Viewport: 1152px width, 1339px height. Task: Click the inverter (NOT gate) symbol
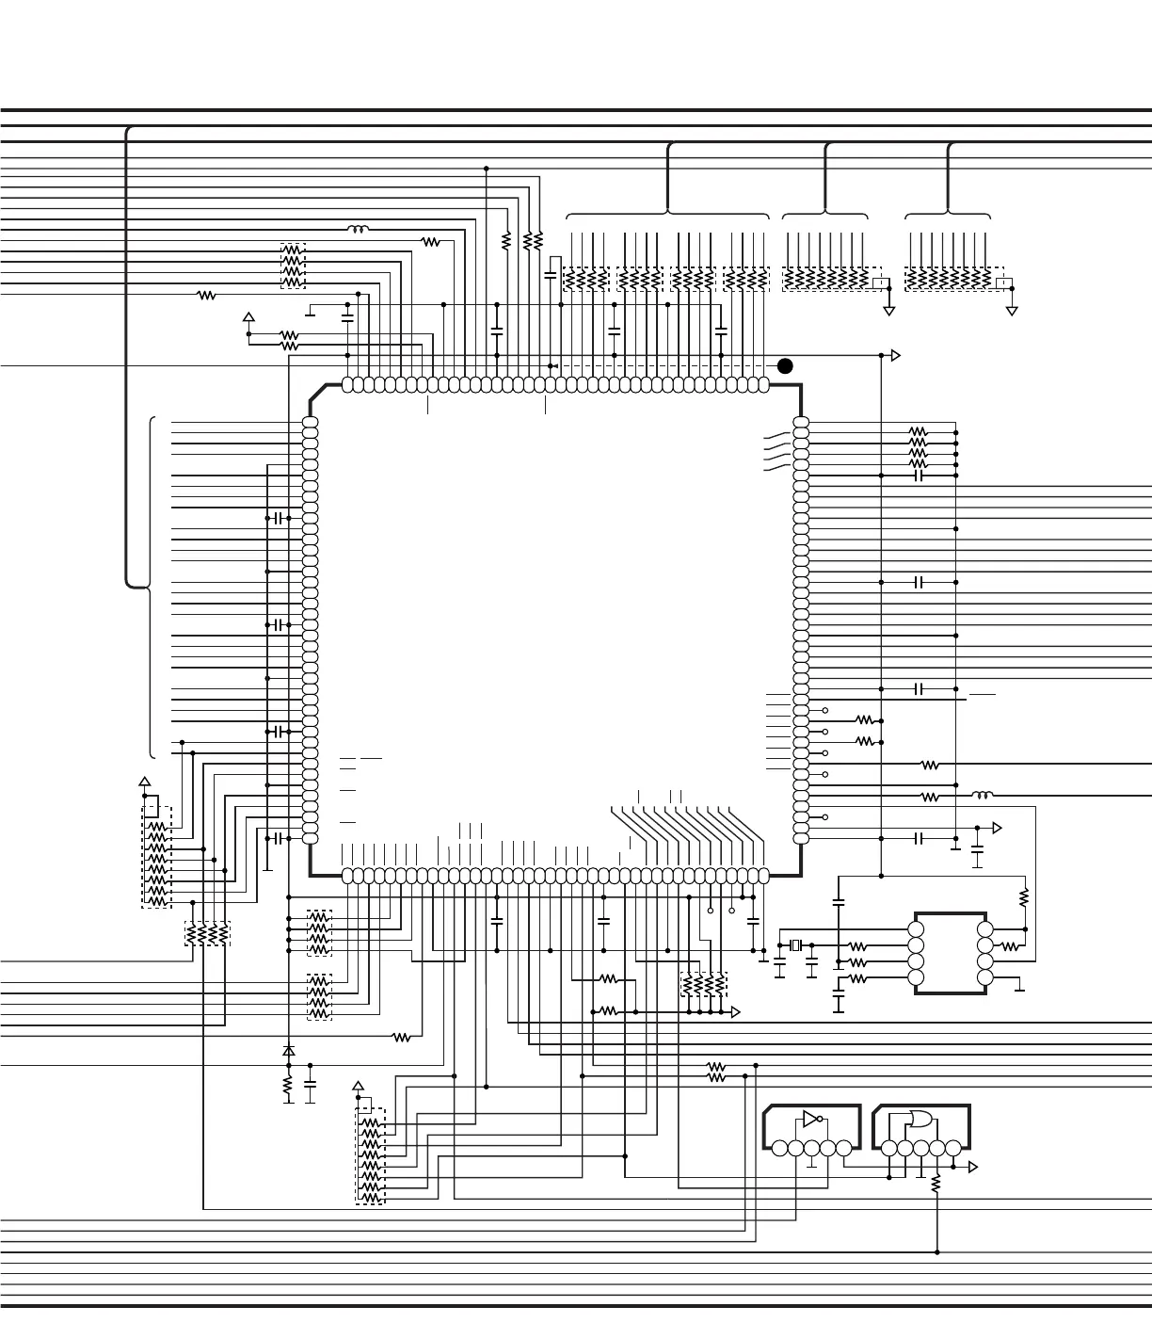click(810, 1120)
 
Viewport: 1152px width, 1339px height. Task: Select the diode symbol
click(289, 1050)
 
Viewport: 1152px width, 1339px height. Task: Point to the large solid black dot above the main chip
click(785, 365)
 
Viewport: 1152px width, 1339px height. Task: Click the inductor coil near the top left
click(358, 229)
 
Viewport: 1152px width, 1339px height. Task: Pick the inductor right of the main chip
click(982, 796)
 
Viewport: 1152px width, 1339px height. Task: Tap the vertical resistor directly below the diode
click(289, 1088)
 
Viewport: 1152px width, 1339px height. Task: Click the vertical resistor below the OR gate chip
click(936, 1186)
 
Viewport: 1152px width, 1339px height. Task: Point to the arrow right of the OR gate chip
click(973, 1168)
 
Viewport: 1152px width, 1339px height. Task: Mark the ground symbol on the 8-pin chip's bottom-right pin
click(1018, 989)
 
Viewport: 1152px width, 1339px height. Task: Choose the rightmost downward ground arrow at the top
click(1012, 310)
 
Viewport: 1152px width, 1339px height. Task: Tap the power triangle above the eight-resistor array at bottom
click(358, 1086)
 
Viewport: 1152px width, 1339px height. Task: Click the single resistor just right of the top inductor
click(431, 242)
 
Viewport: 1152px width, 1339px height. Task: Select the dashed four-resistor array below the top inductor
click(293, 266)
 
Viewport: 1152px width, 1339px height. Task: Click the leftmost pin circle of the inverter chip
click(779, 1148)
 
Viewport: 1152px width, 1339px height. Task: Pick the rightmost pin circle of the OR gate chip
click(952, 1148)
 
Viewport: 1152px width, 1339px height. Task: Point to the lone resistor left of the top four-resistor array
click(207, 295)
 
